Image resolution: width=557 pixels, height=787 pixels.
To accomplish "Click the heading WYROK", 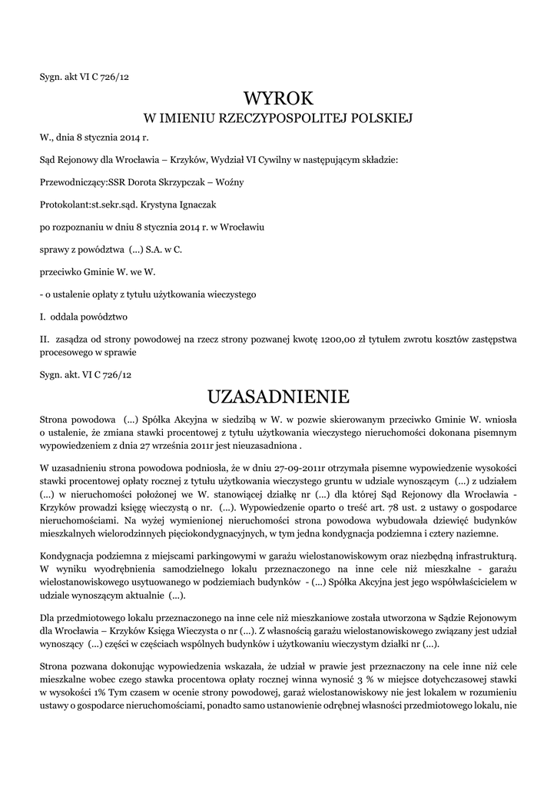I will pos(278,98).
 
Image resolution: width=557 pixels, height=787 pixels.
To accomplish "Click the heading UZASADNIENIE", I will pos(278,397).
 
